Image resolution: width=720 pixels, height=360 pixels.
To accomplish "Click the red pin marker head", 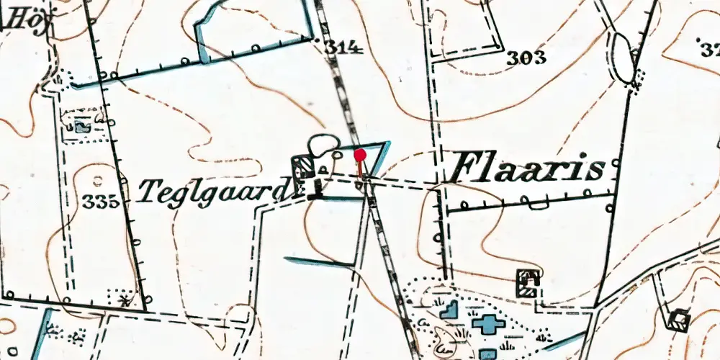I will (x=360, y=153).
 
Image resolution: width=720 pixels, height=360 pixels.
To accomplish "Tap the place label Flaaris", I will (x=526, y=171).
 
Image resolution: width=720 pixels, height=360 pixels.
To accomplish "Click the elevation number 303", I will (x=526, y=58).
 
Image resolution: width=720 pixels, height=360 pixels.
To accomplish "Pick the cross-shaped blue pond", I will (x=488, y=323).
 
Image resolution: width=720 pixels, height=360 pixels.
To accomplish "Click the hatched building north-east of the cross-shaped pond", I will (x=529, y=282).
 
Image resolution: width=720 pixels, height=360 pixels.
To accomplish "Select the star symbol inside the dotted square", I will (x=127, y=300).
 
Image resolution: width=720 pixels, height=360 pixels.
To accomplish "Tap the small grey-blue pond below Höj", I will (x=83, y=127).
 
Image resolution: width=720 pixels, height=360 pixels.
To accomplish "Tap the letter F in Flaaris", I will (x=464, y=168).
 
